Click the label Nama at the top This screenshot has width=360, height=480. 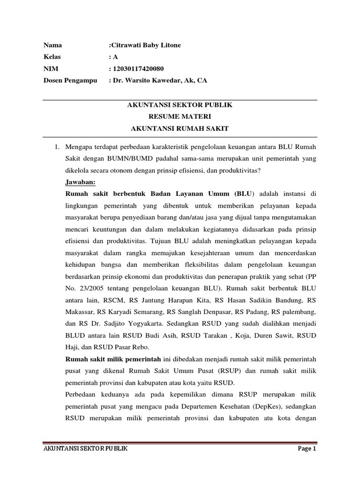[52, 45]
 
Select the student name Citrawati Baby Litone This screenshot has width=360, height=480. [145, 45]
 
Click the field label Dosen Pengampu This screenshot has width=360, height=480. [70, 80]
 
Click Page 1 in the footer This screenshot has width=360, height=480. [307, 449]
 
